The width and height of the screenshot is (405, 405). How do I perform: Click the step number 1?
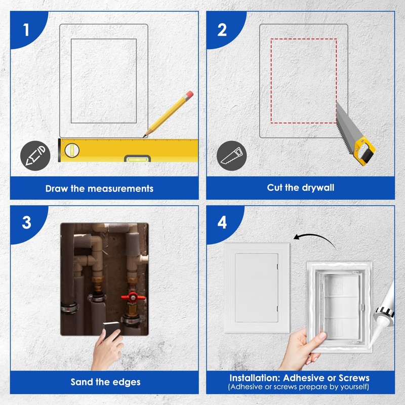(x=26, y=29)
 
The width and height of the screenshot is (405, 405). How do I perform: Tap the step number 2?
(x=222, y=29)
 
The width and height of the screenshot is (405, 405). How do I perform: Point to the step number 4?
(x=222, y=222)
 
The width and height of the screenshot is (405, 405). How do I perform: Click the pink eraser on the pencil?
(x=189, y=95)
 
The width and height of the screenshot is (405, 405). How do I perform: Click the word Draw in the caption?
(x=56, y=188)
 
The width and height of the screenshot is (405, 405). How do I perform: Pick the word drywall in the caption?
(x=315, y=187)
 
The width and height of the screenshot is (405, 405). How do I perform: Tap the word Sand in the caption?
(x=81, y=382)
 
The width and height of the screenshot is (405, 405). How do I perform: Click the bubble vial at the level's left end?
(x=71, y=149)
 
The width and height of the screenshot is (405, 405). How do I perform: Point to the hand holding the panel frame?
(x=299, y=349)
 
